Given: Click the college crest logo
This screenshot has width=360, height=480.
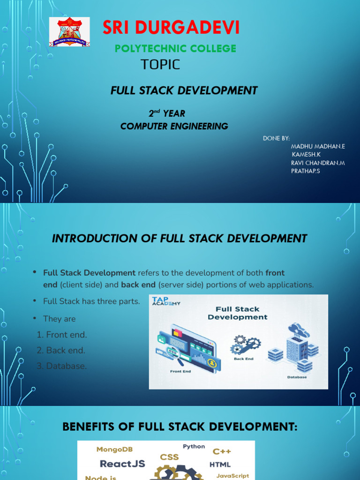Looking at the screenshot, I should click(x=69, y=31).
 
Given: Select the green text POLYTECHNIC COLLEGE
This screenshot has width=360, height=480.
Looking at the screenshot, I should click(x=176, y=49).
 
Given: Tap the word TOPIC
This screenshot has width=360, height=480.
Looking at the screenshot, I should click(x=160, y=65).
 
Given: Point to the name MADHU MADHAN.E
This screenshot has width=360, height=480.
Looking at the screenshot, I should click(x=318, y=146).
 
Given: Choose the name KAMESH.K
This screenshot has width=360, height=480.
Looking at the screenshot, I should click(x=306, y=155).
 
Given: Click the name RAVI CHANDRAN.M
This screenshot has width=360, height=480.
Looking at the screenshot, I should click(x=318, y=163).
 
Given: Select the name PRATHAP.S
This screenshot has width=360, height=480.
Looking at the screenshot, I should click(x=305, y=171).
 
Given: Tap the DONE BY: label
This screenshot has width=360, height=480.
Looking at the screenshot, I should click(x=276, y=138).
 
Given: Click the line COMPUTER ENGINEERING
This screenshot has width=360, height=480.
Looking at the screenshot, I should click(x=174, y=126).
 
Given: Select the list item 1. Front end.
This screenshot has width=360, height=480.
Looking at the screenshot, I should click(x=62, y=335).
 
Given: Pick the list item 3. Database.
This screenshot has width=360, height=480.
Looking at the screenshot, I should click(x=62, y=366).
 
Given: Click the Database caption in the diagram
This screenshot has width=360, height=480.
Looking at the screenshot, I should click(x=297, y=377).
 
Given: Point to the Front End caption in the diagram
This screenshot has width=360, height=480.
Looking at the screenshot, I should click(x=180, y=371).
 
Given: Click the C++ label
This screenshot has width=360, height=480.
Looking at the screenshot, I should click(x=222, y=451).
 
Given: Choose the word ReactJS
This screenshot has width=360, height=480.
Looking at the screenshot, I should click(x=122, y=464).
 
